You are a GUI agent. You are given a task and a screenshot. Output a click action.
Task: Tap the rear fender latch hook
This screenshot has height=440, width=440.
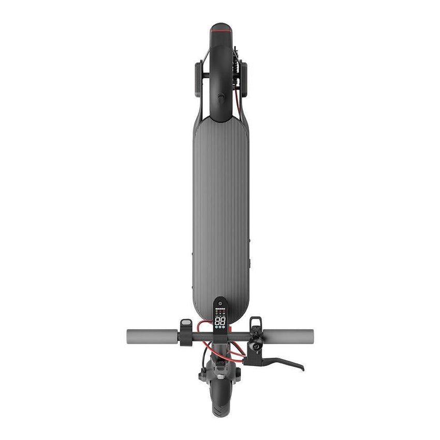point(220,98)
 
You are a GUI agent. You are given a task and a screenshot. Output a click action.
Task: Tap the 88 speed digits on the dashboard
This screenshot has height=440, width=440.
point(221,321)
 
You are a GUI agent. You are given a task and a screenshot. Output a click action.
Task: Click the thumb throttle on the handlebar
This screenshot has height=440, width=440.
point(186,324)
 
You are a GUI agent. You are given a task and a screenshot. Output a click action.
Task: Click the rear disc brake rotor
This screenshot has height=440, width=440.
point(239,67)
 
